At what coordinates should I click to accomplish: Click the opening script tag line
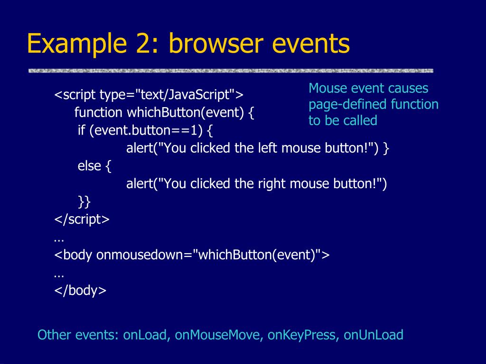coord(149,95)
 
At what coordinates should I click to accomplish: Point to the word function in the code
coord(98,112)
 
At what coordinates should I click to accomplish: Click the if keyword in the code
coord(81,130)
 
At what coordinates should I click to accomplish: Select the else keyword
coord(89,166)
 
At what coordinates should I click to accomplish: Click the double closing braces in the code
coord(84,202)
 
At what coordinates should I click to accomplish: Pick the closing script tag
coord(82,219)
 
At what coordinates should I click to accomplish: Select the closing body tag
coord(80,291)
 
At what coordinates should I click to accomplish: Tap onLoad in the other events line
coord(145,335)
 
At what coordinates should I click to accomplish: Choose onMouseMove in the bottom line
coord(217,335)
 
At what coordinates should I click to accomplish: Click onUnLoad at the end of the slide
coord(373,335)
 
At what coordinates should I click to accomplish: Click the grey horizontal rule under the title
coord(231,71)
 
